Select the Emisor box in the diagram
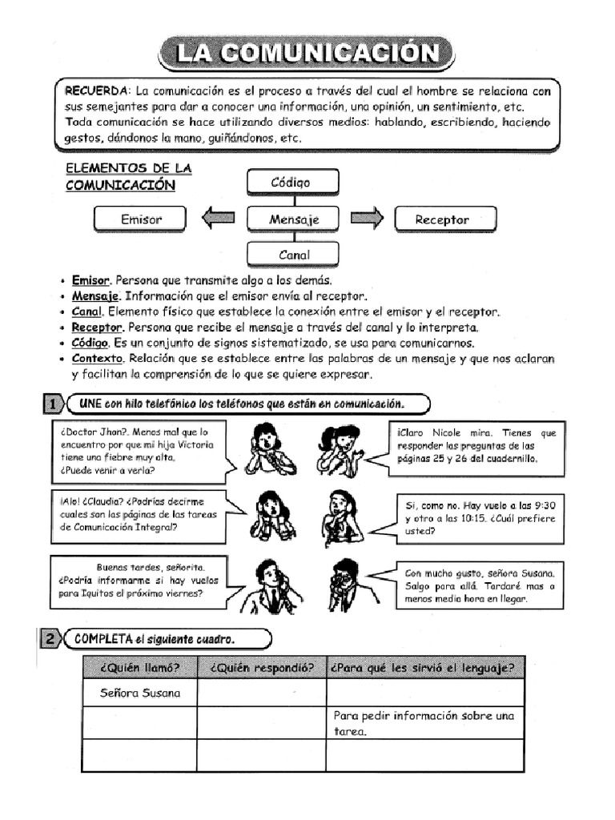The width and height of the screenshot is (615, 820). coord(141,219)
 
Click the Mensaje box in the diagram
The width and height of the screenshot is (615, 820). coord(294,219)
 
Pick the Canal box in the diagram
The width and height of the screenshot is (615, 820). coord(294,255)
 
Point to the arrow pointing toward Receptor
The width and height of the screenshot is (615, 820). coord(368,218)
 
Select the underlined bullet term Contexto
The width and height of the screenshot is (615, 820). coord(98,359)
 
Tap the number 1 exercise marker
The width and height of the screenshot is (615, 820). coord(51,403)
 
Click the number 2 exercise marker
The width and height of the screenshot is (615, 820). coord(49,639)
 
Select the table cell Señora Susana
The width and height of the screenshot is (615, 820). coord(140,693)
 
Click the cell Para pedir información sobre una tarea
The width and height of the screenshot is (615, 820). coord(424,723)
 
